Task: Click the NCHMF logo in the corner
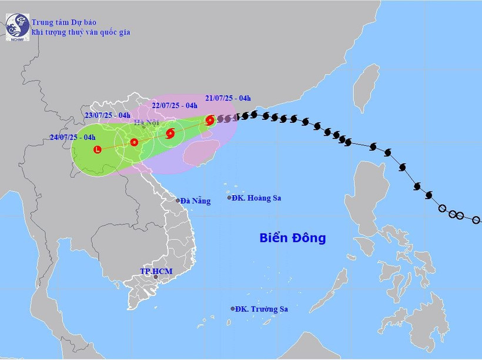click(x=18, y=27)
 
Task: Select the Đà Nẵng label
click(x=195, y=201)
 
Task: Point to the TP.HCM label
click(x=156, y=271)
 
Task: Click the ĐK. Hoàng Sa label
click(x=256, y=198)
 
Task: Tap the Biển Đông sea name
click(x=292, y=238)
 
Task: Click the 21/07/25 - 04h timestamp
click(x=228, y=98)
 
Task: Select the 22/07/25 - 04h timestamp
click(x=174, y=106)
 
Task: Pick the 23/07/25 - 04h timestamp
click(x=108, y=115)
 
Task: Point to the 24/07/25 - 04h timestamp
click(x=73, y=137)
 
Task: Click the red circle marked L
click(x=98, y=149)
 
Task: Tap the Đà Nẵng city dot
click(x=178, y=201)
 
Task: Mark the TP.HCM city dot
click(x=156, y=277)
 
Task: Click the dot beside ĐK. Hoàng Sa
click(x=230, y=198)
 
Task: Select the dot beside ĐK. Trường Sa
click(x=233, y=309)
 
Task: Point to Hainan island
click(x=201, y=154)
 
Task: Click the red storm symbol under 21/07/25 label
click(x=210, y=120)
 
